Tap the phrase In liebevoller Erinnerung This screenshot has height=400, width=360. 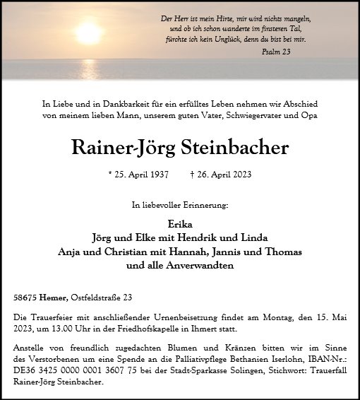[x=180, y=204]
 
